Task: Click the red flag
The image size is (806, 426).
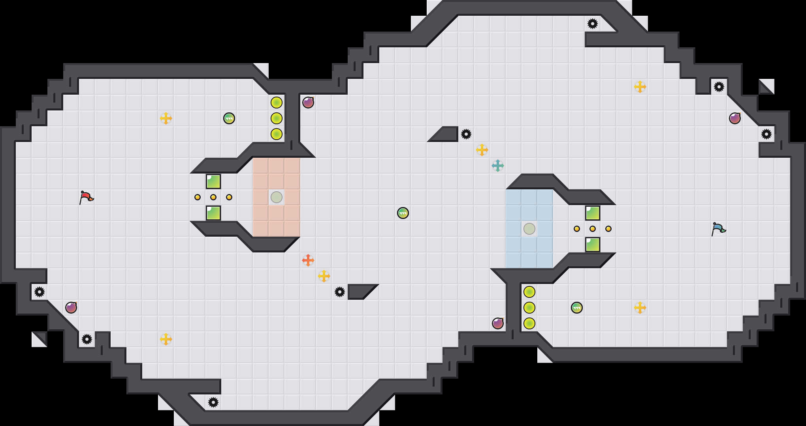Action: coord(86,197)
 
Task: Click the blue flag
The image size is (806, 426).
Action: coord(718,228)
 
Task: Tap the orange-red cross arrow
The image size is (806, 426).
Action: coord(308,260)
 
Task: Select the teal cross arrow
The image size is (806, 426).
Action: coord(498,166)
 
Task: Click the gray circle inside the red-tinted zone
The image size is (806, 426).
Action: coord(277,197)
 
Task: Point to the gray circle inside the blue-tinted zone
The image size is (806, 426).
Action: coord(529,229)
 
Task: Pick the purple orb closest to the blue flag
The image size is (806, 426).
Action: coord(735,118)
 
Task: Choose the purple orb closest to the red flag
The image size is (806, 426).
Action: coord(71,308)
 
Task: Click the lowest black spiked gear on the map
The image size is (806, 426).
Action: coord(213,402)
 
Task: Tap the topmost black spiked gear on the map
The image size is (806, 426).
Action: coord(593,24)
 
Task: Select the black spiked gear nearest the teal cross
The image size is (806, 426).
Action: coord(466,134)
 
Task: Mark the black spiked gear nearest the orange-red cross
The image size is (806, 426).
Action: coord(340,292)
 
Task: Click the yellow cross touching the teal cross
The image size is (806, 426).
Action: coord(482,150)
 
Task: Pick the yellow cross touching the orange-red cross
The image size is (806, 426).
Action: coord(324,276)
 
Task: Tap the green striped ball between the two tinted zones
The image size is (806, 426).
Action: coord(403,213)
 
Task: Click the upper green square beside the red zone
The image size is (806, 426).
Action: coord(213,181)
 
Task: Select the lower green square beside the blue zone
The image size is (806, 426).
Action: coord(593,245)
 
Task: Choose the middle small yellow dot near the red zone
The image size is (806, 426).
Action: coord(213,197)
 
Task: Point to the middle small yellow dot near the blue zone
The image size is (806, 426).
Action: coord(593,229)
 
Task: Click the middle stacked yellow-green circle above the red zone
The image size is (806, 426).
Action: coord(277,118)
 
